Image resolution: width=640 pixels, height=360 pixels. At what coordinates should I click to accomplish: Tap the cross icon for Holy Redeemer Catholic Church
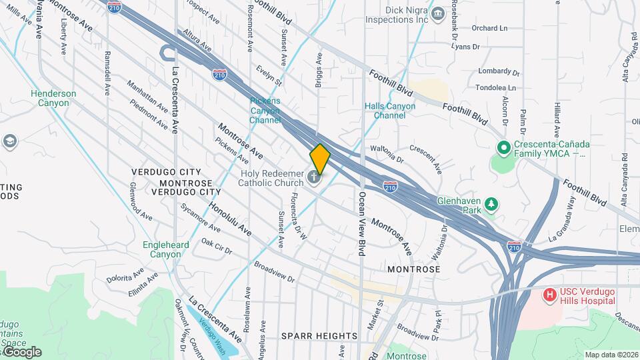click(x=315, y=178)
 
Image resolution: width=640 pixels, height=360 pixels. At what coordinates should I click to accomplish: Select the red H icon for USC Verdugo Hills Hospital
click(x=550, y=294)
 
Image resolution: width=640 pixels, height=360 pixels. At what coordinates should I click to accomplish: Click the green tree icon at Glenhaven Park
click(x=491, y=205)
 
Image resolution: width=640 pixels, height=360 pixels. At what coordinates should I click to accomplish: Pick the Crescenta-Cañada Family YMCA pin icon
click(x=503, y=147)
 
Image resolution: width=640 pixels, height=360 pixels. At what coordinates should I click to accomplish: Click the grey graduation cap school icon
click(x=9, y=141)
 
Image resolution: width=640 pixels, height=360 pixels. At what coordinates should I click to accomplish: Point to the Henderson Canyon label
click(x=53, y=98)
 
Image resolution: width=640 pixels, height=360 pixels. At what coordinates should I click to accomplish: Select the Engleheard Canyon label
click(x=166, y=249)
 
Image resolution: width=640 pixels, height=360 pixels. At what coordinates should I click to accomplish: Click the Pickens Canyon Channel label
click(x=265, y=111)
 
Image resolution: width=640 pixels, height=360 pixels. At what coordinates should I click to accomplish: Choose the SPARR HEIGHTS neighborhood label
click(x=319, y=335)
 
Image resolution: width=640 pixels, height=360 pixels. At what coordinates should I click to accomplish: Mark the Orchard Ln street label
click(x=489, y=28)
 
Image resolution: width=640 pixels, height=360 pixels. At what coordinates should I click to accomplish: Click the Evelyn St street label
click(x=271, y=75)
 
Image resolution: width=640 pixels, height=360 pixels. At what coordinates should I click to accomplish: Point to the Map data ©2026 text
click(x=611, y=355)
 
